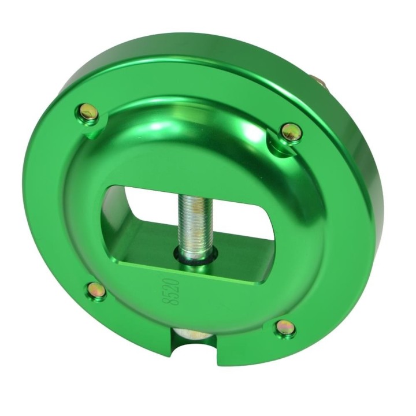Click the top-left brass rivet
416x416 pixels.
pos(89,113)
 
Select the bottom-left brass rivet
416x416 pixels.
pos(96,290)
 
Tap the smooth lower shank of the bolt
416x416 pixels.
pos(193,254)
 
